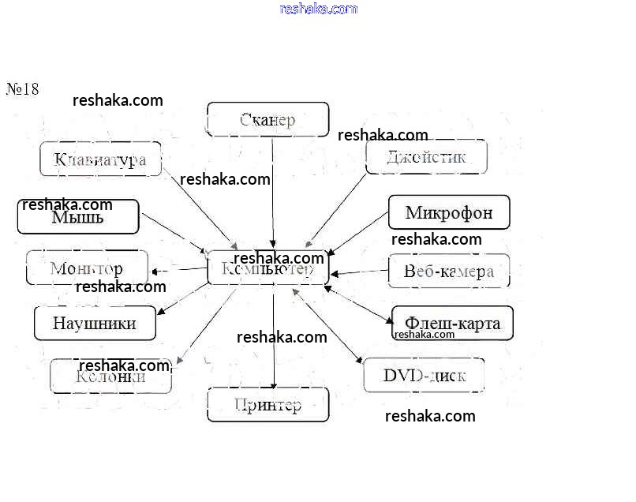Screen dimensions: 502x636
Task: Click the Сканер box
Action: tap(267, 119)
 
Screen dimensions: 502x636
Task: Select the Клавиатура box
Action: tap(100, 159)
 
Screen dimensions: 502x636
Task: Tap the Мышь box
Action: tap(78, 217)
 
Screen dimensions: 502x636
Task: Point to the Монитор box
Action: tap(87, 268)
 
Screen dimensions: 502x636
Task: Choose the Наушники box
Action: tap(95, 323)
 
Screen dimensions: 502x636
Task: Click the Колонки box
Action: tap(110, 376)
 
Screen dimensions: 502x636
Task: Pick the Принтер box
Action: tap(267, 405)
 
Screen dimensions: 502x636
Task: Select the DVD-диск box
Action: tap(424, 375)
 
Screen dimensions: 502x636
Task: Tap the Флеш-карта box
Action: tap(452, 324)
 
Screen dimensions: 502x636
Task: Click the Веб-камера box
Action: tap(448, 271)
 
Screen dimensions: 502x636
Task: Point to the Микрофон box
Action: tap(449, 212)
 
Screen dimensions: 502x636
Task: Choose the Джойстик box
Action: tap(426, 157)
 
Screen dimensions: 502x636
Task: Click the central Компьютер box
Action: tap(267, 268)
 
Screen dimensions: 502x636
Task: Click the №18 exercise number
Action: tap(23, 88)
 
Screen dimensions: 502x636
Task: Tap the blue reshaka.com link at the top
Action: tap(319, 9)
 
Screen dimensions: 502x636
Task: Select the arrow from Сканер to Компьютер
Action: tap(273, 189)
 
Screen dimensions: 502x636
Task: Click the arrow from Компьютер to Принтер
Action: tap(274, 335)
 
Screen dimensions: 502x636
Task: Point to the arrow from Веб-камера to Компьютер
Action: tap(359, 272)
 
